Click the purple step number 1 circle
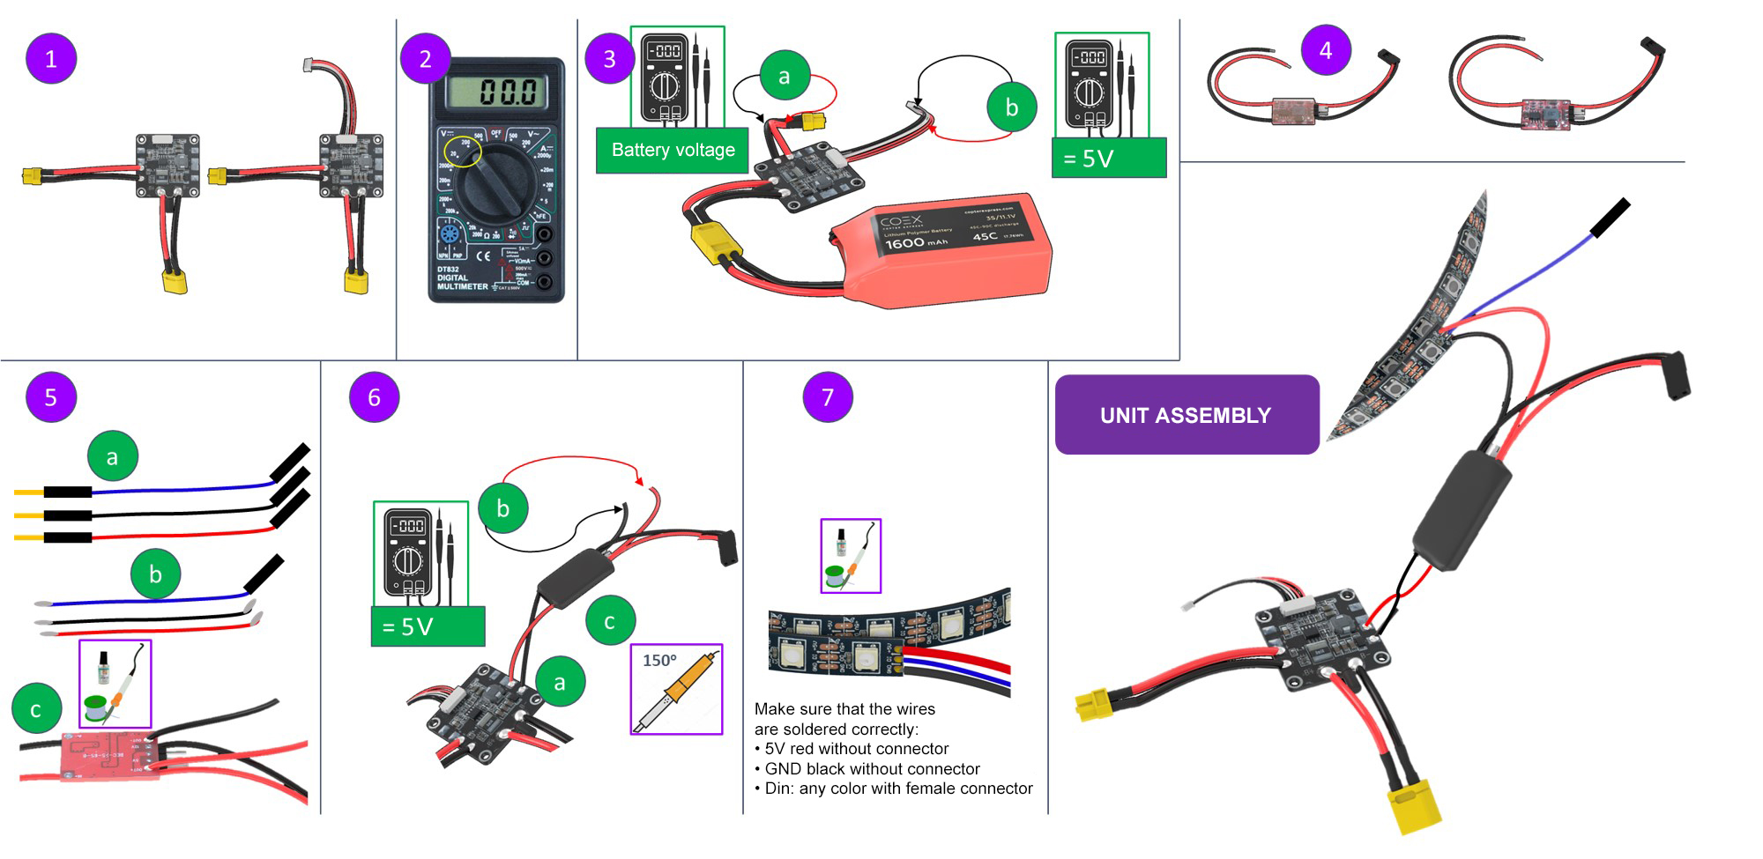(x=51, y=59)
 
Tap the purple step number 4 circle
(x=1326, y=50)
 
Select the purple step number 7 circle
(x=827, y=397)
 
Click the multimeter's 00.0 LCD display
(x=496, y=91)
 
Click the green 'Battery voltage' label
(x=673, y=150)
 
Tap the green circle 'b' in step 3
(x=1011, y=107)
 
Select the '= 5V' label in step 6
(x=428, y=626)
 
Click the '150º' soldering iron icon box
(x=676, y=689)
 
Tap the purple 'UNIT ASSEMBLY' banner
(x=1186, y=415)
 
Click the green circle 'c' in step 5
(x=36, y=709)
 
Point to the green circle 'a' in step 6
(x=560, y=681)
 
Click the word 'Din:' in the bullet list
(x=779, y=789)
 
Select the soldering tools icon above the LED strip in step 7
(x=851, y=555)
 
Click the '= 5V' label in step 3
(x=1109, y=159)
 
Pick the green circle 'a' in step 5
(x=112, y=456)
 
